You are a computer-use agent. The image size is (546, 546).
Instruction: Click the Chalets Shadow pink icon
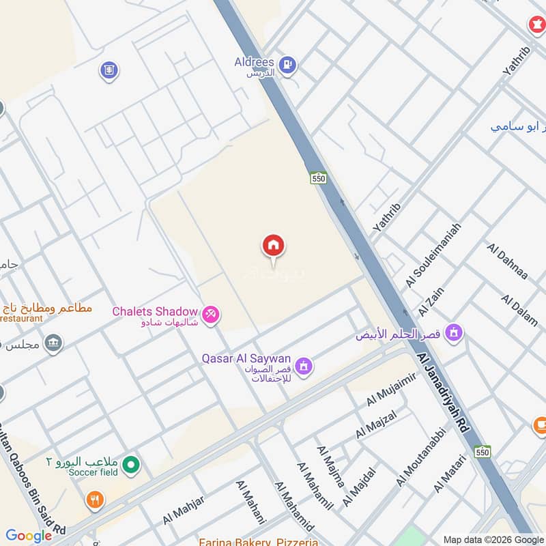pos(211,314)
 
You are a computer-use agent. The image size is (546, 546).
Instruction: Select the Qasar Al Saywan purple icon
pos(304,367)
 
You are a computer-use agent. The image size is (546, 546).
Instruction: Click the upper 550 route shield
pos(318,178)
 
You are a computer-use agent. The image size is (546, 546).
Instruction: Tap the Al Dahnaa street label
pos(508,261)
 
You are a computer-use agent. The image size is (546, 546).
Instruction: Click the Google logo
pos(29,536)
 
